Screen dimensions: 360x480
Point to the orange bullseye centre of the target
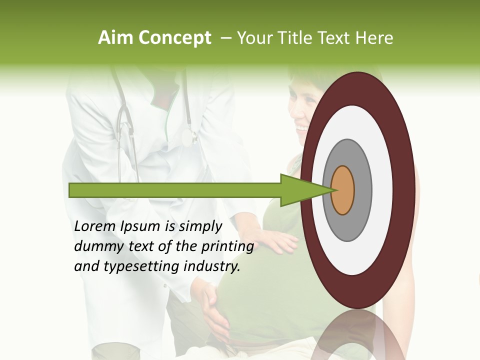coord(343,190)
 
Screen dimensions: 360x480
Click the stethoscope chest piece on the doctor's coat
coord(188,137)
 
